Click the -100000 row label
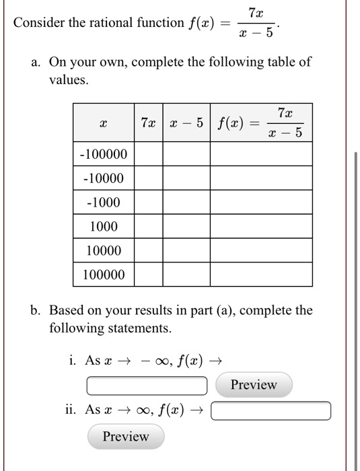(x=103, y=154)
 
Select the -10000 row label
(x=103, y=178)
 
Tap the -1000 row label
(x=103, y=203)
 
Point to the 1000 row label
(x=103, y=227)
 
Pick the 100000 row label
(x=103, y=275)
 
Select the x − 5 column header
(x=186, y=122)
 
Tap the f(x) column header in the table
(x=261, y=122)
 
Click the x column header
(x=103, y=123)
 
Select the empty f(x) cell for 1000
(x=261, y=227)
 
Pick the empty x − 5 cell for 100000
(x=186, y=275)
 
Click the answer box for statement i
(x=147, y=386)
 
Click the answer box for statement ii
(x=271, y=410)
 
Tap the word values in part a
(x=68, y=79)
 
